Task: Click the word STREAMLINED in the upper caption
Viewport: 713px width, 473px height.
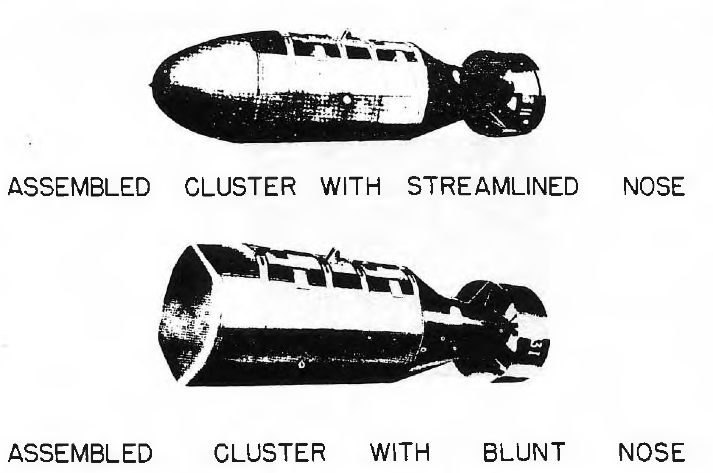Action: coord(492,186)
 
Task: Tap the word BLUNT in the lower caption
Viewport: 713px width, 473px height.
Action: coord(524,452)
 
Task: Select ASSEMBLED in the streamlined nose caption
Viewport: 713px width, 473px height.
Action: coord(79,187)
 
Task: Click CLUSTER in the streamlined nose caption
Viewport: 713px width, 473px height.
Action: coord(240,186)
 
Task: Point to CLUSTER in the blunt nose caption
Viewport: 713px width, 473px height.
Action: coord(270,452)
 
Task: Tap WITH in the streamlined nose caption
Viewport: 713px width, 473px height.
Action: coord(352,186)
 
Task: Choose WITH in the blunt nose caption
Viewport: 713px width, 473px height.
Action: coord(400,452)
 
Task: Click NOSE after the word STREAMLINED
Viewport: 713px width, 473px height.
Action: coord(653,186)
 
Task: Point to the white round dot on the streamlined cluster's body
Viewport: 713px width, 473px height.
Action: coord(346,99)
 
